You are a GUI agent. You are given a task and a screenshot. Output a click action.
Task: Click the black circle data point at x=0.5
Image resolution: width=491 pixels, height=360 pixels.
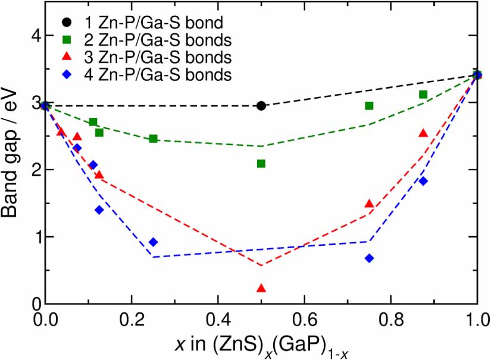(x=261, y=105)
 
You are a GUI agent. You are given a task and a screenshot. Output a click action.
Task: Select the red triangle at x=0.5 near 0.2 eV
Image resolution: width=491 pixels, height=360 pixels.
(x=261, y=289)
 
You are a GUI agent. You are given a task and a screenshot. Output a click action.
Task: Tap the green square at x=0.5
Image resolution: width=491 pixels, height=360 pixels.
(x=261, y=164)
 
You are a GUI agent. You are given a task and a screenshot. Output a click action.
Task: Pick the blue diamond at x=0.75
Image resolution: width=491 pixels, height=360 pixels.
(x=369, y=258)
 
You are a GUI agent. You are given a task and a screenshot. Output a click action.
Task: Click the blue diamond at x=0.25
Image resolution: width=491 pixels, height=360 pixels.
(x=153, y=242)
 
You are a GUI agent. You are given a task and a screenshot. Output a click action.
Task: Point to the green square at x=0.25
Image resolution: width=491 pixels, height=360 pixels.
(x=153, y=139)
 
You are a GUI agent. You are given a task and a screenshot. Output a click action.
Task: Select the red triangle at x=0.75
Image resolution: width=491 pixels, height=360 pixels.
(x=369, y=204)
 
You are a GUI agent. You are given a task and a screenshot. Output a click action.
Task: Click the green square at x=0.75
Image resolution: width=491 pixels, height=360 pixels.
(x=369, y=106)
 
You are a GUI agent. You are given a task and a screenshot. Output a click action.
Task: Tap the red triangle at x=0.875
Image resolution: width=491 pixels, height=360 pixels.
(x=423, y=133)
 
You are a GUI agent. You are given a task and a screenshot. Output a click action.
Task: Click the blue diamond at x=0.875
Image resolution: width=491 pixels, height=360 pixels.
(x=423, y=181)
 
